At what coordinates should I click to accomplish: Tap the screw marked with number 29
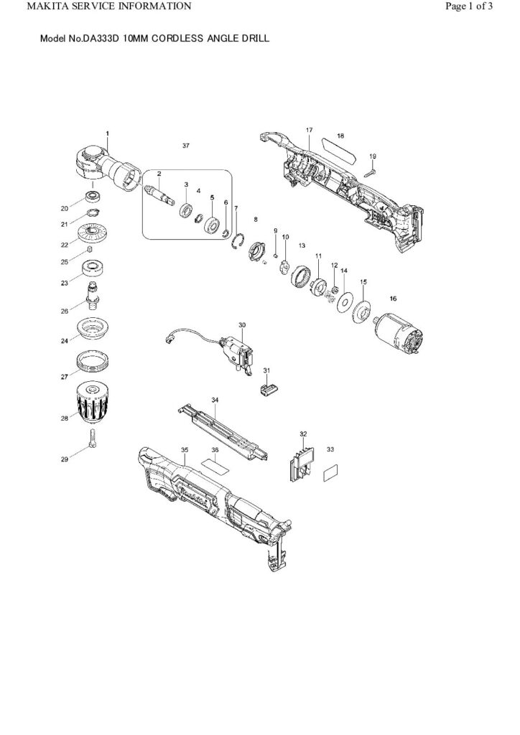click(93, 438)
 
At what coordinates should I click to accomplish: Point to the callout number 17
click(310, 130)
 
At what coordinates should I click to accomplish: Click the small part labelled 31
click(269, 390)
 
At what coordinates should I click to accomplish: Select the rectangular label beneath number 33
click(331, 473)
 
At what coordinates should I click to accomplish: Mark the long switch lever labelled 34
click(223, 431)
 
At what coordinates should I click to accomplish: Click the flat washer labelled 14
click(345, 302)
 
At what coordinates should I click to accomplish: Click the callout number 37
click(186, 146)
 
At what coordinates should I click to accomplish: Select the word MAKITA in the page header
click(48, 6)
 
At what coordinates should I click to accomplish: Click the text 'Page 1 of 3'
click(468, 6)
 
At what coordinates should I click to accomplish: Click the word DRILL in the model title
click(255, 39)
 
